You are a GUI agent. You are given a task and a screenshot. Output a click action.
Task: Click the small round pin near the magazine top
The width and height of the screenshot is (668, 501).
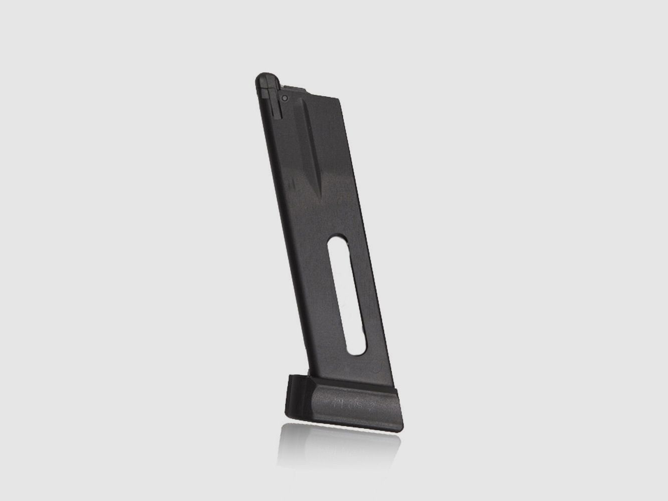tap(284, 98)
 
